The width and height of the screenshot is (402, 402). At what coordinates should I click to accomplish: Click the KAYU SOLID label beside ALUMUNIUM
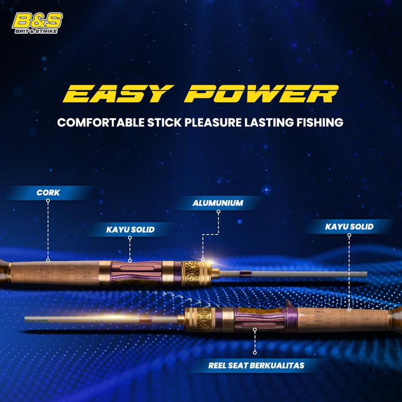pyautogui.click(x=130, y=230)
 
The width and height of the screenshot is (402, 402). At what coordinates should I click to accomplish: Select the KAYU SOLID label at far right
pyautogui.click(x=349, y=227)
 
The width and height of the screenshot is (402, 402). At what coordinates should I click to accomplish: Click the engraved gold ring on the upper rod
pyautogui.click(x=194, y=270)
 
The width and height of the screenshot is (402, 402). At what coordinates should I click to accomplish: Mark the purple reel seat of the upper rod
pyautogui.click(x=133, y=270)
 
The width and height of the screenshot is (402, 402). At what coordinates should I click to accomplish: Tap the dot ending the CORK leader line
pyautogui.click(x=48, y=260)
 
